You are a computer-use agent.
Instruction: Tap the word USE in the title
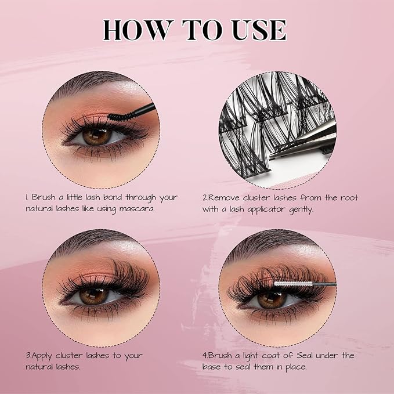(259, 30)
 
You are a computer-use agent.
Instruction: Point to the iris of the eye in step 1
(97, 136)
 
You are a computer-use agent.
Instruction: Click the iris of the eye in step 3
(93, 296)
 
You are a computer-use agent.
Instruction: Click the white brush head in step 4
(292, 284)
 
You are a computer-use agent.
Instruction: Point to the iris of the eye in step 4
(272, 300)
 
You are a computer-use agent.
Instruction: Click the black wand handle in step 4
(324, 284)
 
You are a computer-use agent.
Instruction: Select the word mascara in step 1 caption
(137, 209)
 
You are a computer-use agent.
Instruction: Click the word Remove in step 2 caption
(224, 197)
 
